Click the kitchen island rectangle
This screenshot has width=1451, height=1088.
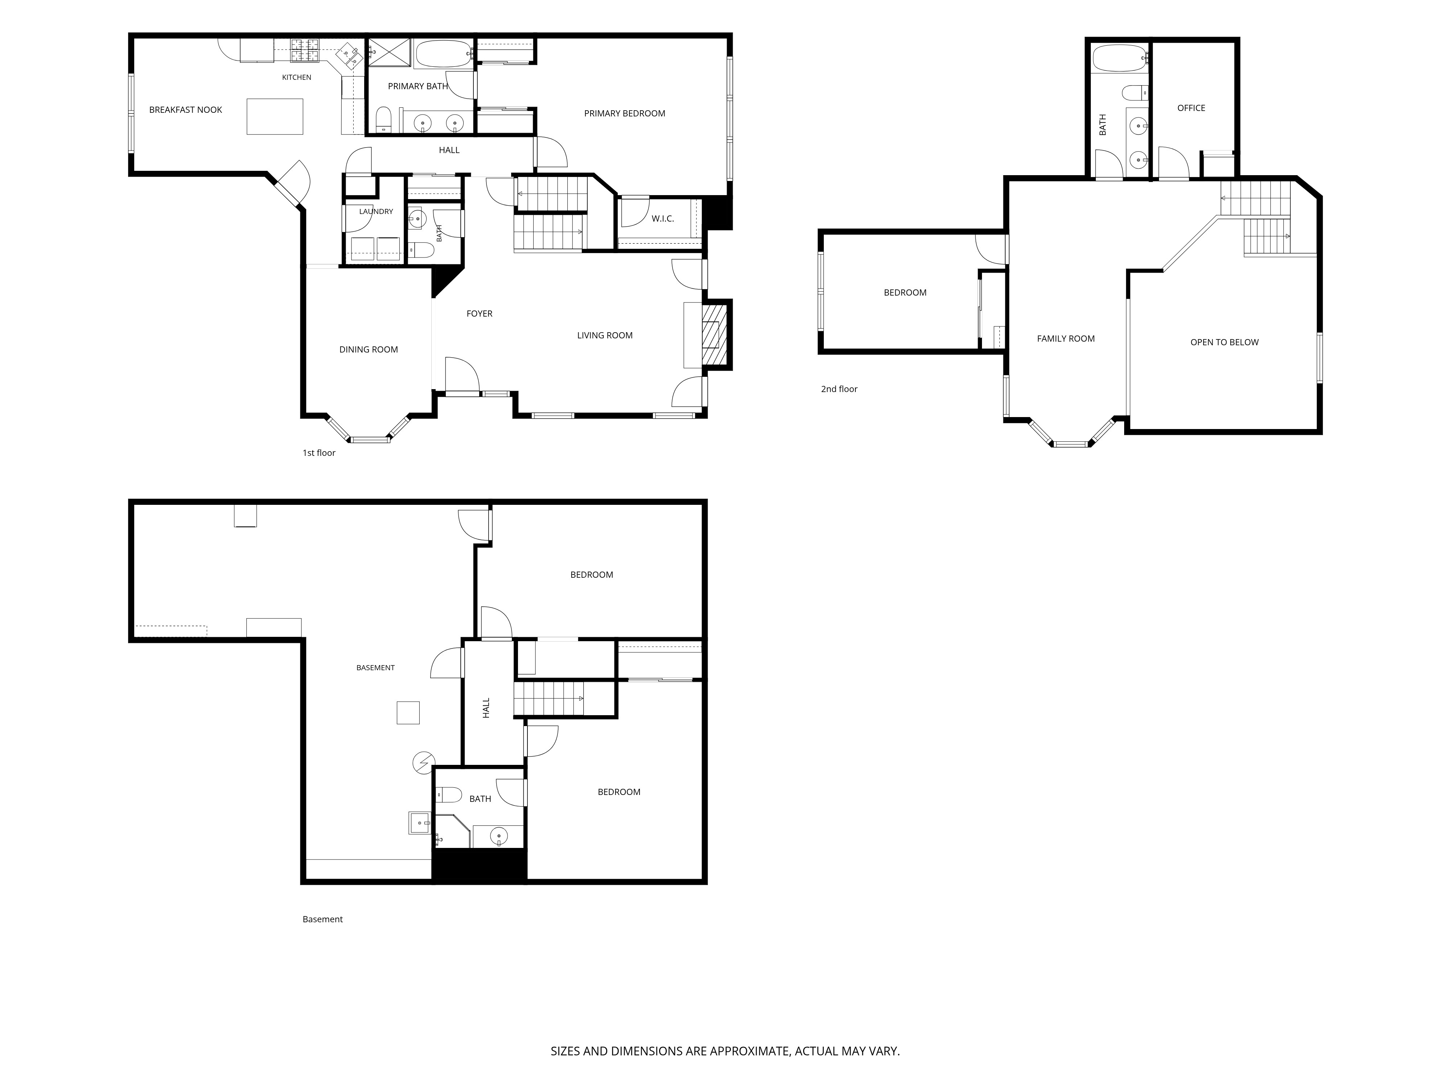click(275, 117)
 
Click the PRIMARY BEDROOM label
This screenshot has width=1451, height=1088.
click(625, 114)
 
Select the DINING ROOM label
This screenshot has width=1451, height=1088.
click(369, 350)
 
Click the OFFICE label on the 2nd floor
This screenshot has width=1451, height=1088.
click(1191, 108)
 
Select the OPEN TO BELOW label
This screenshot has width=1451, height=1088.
click(1225, 342)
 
